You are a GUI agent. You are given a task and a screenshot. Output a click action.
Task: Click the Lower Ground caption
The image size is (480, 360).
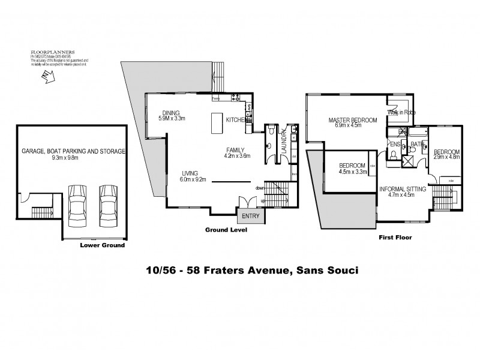tap(102, 245)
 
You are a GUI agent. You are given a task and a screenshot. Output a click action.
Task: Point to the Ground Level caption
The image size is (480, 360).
tap(226, 230)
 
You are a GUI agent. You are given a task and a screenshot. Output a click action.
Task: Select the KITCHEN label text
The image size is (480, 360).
tap(235, 120)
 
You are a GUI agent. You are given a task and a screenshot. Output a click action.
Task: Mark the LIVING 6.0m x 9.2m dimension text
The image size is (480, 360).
tap(194, 178)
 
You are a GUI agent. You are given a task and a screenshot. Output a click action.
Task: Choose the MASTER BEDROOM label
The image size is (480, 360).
tap(352, 120)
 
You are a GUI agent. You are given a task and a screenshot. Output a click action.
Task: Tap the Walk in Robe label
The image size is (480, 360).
tap(402, 112)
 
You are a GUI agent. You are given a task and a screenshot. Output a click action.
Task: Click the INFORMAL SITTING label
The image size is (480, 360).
tap(402, 188)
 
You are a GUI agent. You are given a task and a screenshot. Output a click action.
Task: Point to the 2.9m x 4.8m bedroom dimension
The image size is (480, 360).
tap(446, 157)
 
